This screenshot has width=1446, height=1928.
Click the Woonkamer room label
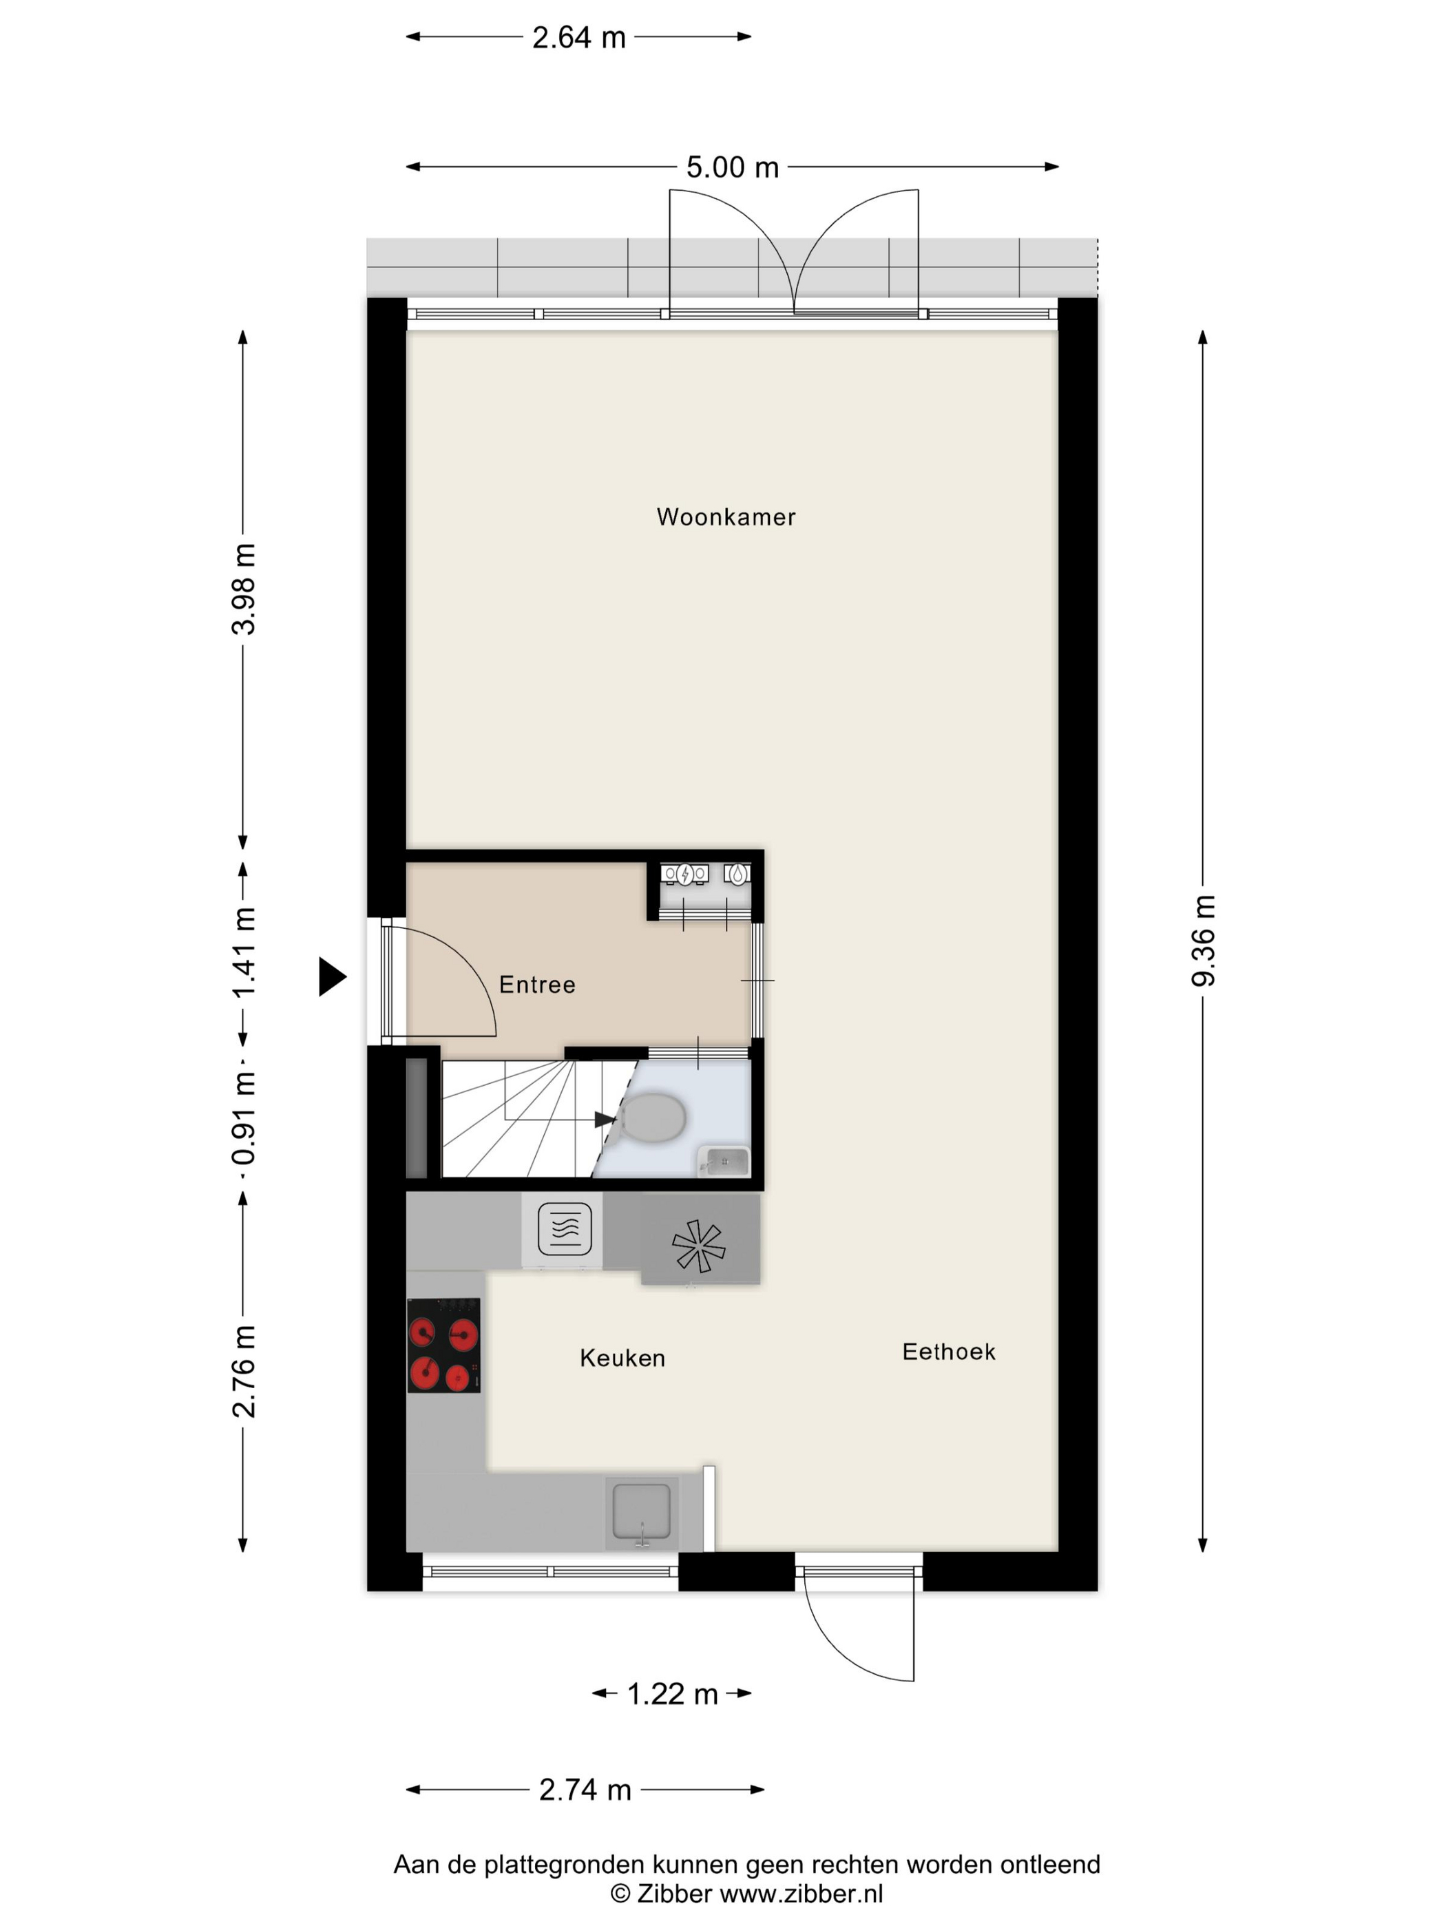[x=726, y=517]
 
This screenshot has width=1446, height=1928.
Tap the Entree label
[x=537, y=984]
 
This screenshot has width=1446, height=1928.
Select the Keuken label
[x=622, y=1358]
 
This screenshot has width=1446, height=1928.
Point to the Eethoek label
[x=948, y=1352]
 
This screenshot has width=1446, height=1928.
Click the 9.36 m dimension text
[x=1203, y=941]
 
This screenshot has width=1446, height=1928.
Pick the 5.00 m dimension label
[x=732, y=167]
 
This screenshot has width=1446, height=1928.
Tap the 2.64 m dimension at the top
[x=579, y=37]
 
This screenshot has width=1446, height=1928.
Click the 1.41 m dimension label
[x=244, y=953]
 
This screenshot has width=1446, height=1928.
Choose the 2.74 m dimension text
[x=585, y=1790]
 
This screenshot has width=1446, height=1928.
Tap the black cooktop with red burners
[x=443, y=1345]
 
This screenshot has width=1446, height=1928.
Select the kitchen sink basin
[x=642, y=1511]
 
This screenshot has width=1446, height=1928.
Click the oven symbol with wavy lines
[x=565, y=1228]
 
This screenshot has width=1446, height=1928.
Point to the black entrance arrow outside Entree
[x=332, y=976]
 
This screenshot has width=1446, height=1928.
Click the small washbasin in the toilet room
[x=724, y=1162]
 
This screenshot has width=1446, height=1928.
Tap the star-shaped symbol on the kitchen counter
[x=698, y=1246]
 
